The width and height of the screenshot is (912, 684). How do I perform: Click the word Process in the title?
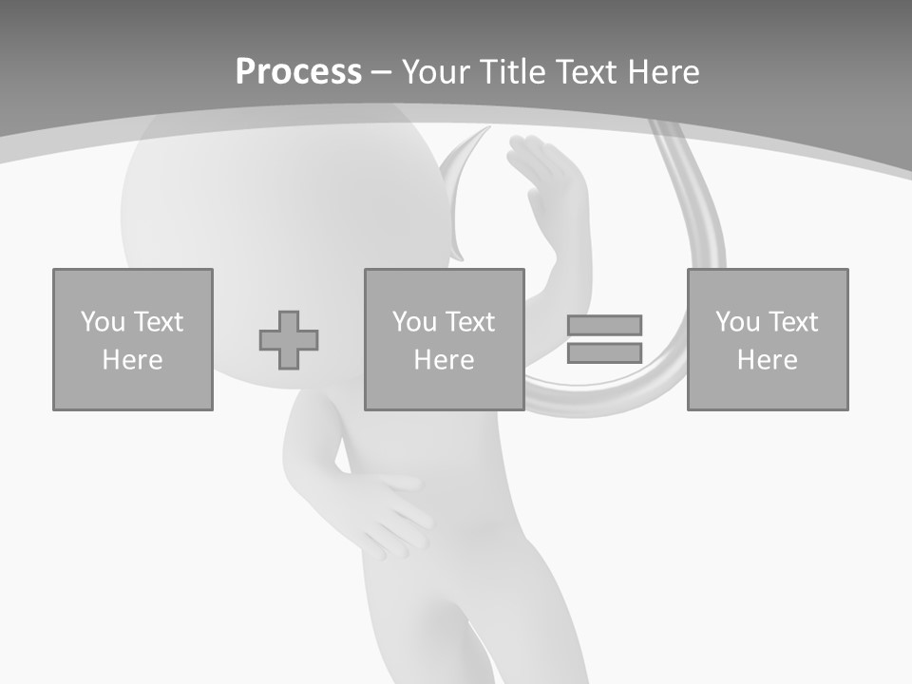298,72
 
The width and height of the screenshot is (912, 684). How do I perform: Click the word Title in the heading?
513,72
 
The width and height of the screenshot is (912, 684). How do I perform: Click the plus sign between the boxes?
289,340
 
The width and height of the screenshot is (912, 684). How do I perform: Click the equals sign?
604,339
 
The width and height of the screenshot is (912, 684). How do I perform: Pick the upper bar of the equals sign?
604,325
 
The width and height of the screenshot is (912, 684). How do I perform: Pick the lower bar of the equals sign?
604,353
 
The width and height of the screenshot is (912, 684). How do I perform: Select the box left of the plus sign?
133,339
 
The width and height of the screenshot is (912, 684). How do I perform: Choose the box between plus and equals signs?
445,339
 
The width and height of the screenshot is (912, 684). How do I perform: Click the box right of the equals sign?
768,339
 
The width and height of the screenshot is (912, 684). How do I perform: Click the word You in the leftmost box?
103,322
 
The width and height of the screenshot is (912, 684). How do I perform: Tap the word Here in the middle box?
445,360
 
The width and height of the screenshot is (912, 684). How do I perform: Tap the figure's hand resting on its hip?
385,513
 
